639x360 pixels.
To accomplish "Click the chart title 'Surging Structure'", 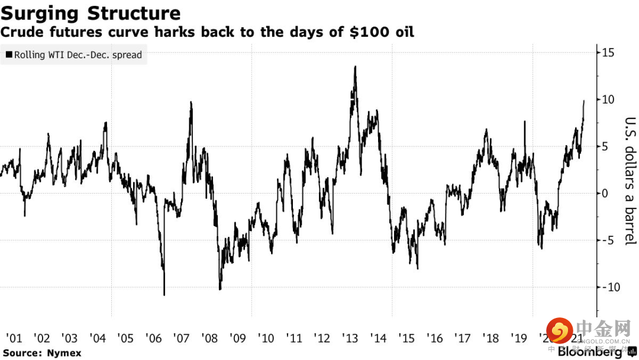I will click(x=91, y=13).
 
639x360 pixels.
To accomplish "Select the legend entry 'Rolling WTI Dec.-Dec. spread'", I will click(x=74, y=55).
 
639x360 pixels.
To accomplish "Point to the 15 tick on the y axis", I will click(x=608, y=53).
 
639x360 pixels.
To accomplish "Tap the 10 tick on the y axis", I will click(x=608, y=99).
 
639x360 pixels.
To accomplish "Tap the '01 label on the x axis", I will click(x=14, y=339).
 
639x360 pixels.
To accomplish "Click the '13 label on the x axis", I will click(x=350, y=339).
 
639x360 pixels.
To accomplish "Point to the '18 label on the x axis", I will click(x=490, y=339).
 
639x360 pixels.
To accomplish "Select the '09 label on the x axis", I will click(x=238, y=339).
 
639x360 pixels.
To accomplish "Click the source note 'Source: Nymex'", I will click(x=34, y=353).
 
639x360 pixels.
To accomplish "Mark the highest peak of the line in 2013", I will click(x=355, y=66).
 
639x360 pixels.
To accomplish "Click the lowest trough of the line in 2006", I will click(x=164, y=294).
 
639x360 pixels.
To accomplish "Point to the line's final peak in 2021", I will click(x=584, y=101).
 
